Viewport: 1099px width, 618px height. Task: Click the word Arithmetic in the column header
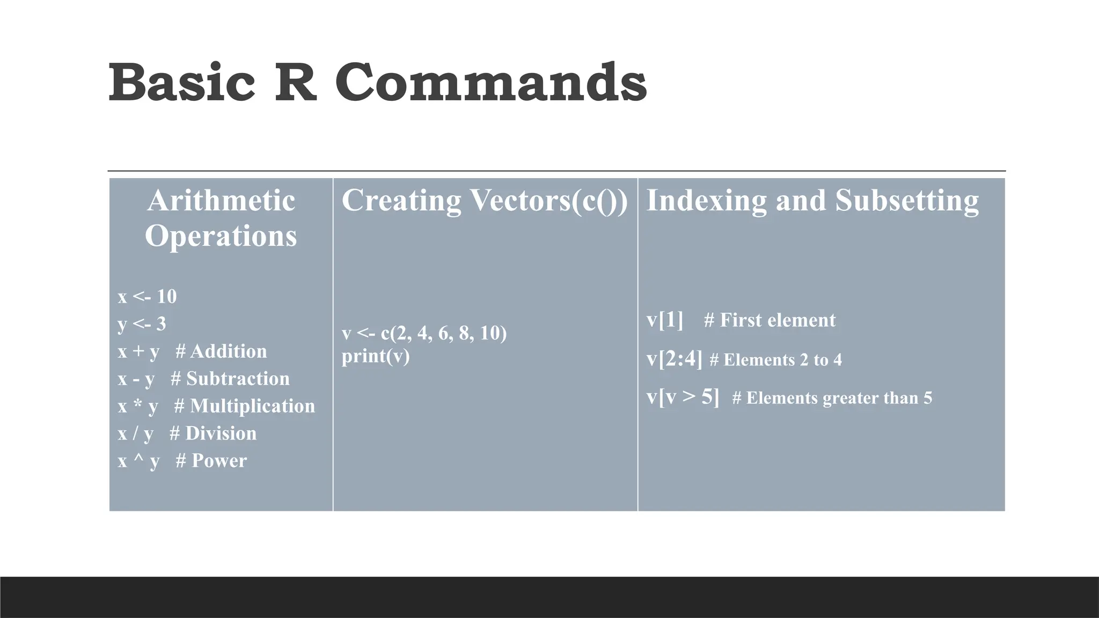(x=221, y=201)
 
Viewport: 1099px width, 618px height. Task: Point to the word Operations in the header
(x=221, y=236)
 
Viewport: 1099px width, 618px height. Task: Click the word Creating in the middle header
(x=401, y=201)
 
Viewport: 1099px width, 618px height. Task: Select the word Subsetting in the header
(x=907, y=201)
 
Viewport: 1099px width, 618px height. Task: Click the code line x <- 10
(x=147, y=296)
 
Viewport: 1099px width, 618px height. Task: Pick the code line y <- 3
(x=142, y=323)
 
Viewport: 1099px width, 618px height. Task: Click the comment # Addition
(x=221, y=351)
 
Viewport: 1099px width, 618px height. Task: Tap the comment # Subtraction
(x=230, y=379)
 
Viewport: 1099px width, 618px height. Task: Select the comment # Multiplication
(x=245, y=406)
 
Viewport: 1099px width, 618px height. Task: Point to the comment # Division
(x=213, y=433)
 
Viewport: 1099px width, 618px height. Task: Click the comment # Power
(x=211, y=461)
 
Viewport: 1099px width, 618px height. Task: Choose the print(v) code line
(x=376, y=356)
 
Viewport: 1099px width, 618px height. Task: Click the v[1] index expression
(x=665, y=320)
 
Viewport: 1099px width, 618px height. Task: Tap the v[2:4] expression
(x=674, y=359)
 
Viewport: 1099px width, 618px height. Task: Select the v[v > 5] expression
(x=683, y=397)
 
